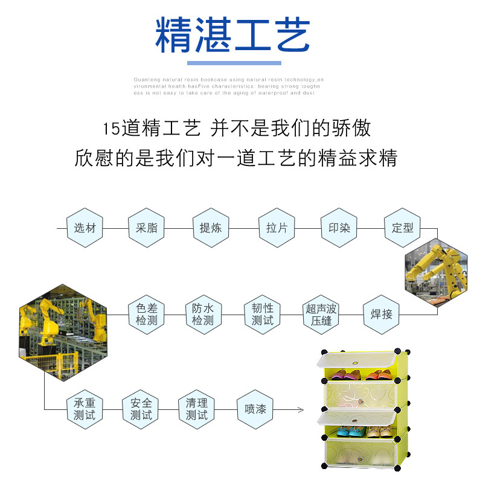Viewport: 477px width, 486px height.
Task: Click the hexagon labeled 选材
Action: (x=85, y=228)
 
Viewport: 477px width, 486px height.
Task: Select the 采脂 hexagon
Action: (x=146, y=228)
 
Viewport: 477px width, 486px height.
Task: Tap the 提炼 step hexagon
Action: (x=211, y=228)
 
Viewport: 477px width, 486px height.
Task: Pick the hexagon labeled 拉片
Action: (x=277, y=228)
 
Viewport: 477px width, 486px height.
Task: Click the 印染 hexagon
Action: (x=339, y=228)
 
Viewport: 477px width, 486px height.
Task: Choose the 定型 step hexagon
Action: (x=403, y=228)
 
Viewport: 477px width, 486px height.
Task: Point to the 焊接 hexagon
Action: (x=381, y=314)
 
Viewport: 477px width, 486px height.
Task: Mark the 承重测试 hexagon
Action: (x=85, y=409)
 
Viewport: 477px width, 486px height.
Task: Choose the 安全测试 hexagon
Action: (x=141, y=409)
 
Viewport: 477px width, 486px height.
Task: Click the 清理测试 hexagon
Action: (x=197, y=409)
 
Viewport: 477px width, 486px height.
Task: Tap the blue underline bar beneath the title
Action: (x=234, y=63)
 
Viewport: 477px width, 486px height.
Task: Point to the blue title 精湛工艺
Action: (x=233, y=35)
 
